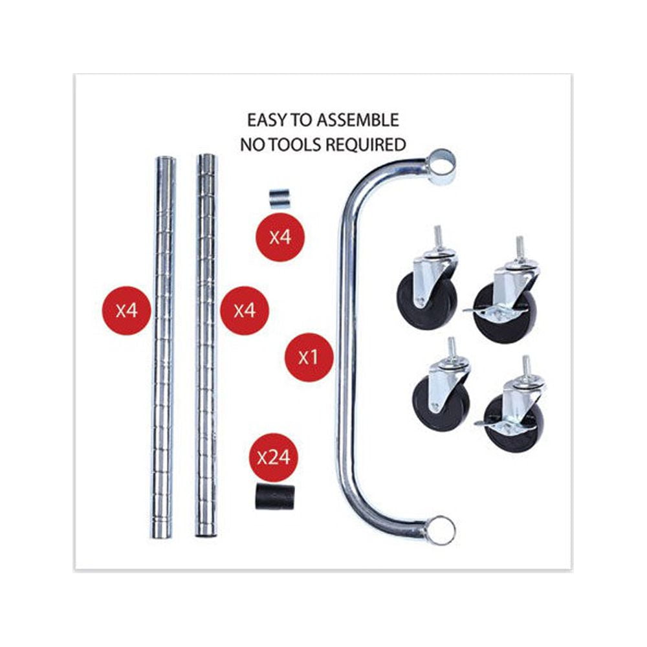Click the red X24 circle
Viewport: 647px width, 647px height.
(274, 457)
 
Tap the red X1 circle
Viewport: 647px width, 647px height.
(309, 357)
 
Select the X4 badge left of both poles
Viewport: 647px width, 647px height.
(127, 311)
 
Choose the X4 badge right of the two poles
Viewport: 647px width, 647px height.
(245, 311)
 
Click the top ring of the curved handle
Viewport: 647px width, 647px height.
(441, 165)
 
